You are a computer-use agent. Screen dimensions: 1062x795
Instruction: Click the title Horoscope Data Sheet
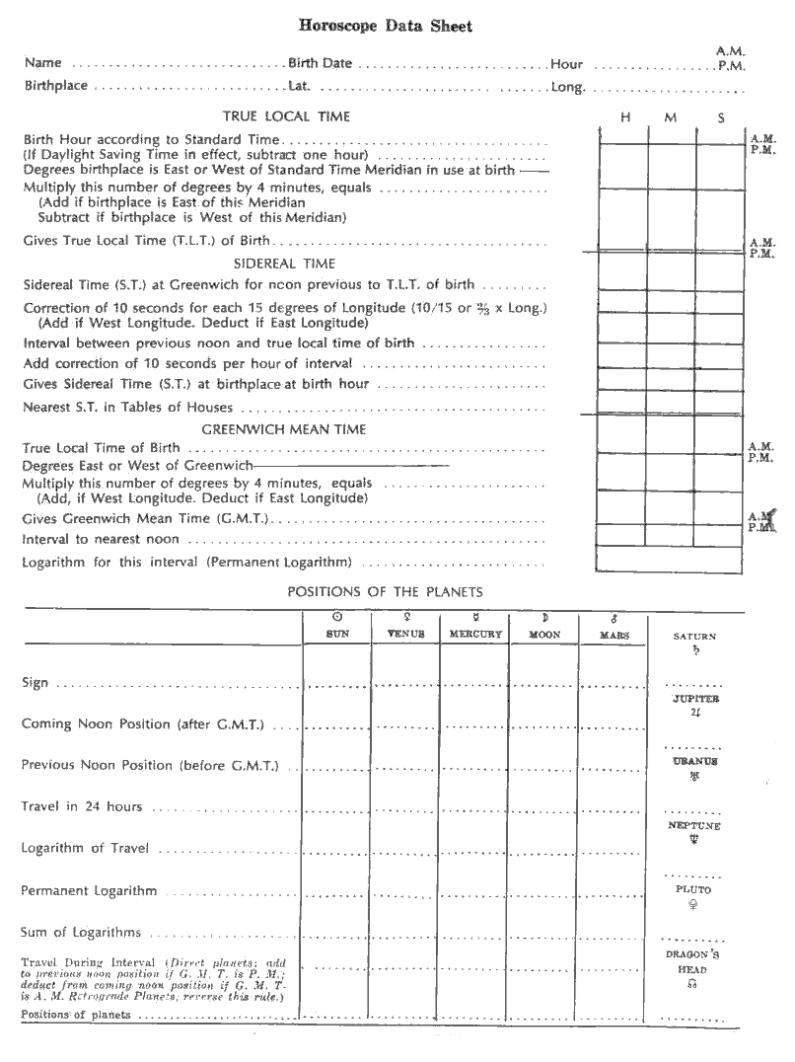397,27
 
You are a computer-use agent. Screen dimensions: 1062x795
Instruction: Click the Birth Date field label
320,63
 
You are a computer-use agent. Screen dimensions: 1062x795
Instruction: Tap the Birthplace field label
56,86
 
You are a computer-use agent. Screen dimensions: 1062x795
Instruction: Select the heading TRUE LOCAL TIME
286,116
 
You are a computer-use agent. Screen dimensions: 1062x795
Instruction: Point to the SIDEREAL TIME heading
284,264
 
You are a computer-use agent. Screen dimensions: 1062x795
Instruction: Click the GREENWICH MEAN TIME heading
284,429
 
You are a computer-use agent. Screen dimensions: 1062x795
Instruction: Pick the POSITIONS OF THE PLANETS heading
385,592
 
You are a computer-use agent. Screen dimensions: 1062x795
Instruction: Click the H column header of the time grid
624,117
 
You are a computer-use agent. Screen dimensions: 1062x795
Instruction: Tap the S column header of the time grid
721,117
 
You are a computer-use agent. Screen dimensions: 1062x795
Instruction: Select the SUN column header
337,634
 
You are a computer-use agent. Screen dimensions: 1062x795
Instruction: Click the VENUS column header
405,634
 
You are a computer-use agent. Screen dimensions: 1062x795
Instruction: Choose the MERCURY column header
475,634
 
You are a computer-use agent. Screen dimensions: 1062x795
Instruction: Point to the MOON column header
544,635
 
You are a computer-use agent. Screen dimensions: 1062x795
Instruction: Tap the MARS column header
614,635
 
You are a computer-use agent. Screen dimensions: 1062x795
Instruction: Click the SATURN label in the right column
694,637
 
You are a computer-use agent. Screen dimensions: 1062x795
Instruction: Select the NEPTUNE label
694,825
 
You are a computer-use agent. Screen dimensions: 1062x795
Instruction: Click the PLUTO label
694,889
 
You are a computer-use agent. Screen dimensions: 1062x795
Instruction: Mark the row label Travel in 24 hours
82,806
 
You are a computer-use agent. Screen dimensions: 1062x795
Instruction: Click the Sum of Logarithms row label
81,932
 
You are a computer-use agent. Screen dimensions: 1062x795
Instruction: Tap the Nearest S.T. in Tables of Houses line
128,407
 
